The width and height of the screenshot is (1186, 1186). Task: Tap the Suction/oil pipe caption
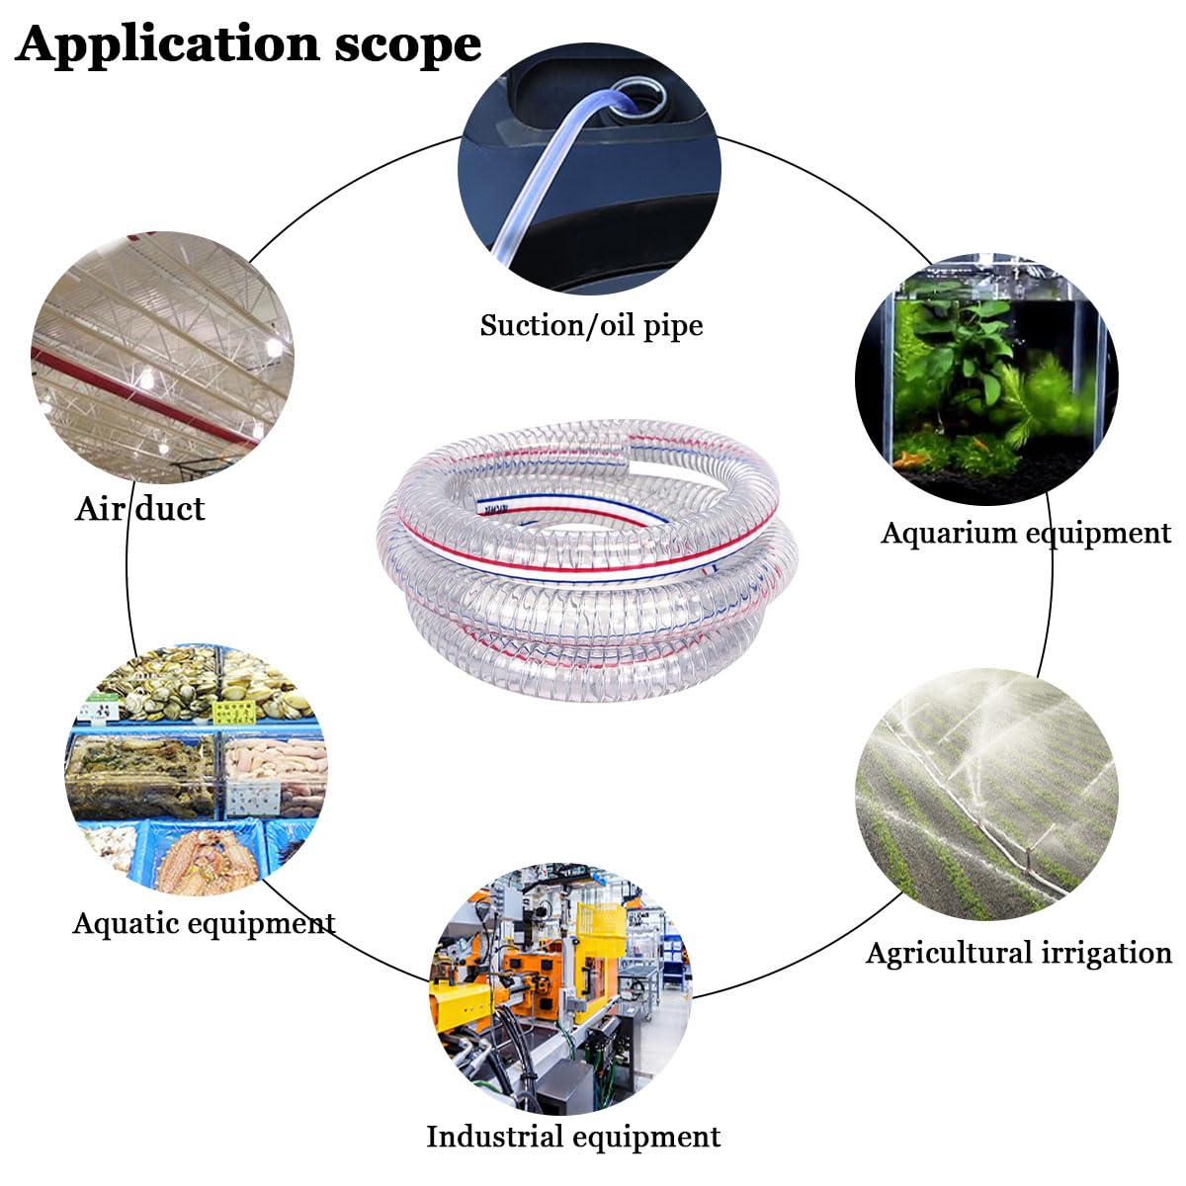[x=591, y=325]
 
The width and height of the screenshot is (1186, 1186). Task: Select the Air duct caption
[x=140, y=508]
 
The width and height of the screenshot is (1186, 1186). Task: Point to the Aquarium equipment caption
[x=1025, y=533]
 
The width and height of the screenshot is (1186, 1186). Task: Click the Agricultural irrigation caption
[x=1019, y=954]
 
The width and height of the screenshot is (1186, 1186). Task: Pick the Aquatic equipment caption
[x=204, y=924]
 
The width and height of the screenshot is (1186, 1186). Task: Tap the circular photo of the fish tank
[x=986, y=380]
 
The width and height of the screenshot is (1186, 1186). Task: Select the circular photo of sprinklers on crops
[x=986, y=794]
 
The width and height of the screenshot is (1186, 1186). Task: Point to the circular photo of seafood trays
[x=197, y=769]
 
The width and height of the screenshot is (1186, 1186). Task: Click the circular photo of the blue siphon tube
[x=589, y=169]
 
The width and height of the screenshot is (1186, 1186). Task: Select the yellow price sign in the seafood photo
[x=234, y=712]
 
